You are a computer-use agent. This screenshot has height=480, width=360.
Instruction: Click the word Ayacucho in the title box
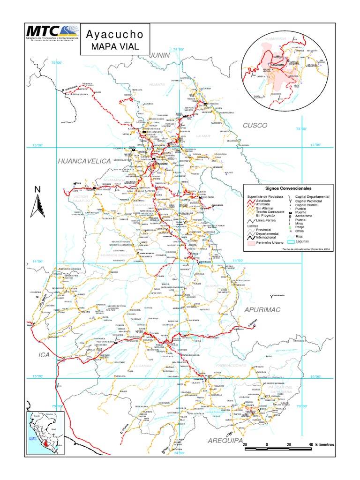tap(114, 35)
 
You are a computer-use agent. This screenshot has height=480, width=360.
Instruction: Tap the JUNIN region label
tap(159, 55)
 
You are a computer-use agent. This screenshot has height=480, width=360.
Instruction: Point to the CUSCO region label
tap(255, 126)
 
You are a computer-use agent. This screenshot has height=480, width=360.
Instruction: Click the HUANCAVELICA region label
tap(84, 161)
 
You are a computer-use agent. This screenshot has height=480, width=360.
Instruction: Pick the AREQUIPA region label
tap(225, 441)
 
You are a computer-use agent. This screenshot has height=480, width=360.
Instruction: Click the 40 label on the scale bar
tap(310, 444)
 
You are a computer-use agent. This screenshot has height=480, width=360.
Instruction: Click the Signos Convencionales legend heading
tap(288, 187)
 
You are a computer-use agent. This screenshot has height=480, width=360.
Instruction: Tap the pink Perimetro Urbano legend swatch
tap(251, 244)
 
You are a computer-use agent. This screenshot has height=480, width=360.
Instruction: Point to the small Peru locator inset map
tap(45, 427)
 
